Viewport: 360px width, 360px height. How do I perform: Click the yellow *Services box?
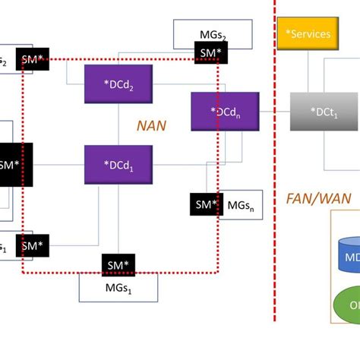308,33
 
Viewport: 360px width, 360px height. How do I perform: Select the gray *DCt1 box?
324,112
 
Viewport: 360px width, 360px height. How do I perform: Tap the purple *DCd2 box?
119,84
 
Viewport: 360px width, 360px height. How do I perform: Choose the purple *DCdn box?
225,112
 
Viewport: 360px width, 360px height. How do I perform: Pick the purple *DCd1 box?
118,164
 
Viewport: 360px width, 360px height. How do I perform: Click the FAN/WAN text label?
318,198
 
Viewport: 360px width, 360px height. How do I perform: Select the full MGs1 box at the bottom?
118,287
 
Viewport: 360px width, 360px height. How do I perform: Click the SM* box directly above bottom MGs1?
118,264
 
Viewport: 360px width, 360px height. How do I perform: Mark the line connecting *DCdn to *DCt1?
275,112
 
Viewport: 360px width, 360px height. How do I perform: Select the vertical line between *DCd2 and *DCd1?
118,125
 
